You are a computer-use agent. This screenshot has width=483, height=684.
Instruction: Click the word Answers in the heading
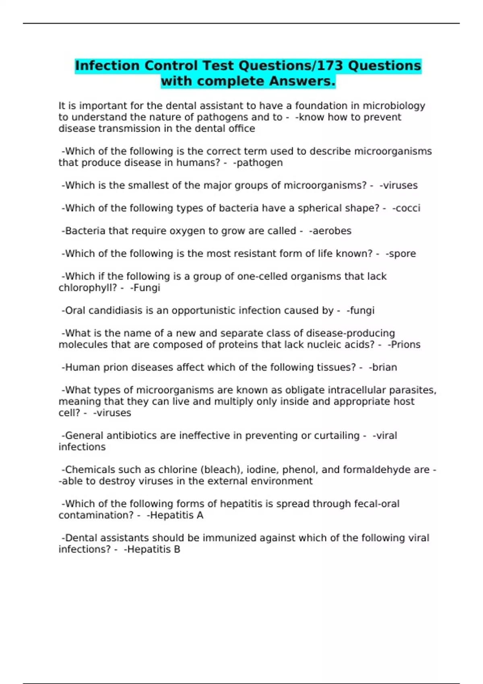click(x=302, y=81)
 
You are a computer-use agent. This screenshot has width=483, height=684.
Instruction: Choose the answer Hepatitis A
click(x=175, y=515)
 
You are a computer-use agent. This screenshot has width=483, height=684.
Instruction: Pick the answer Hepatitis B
click(x=153, y=549)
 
